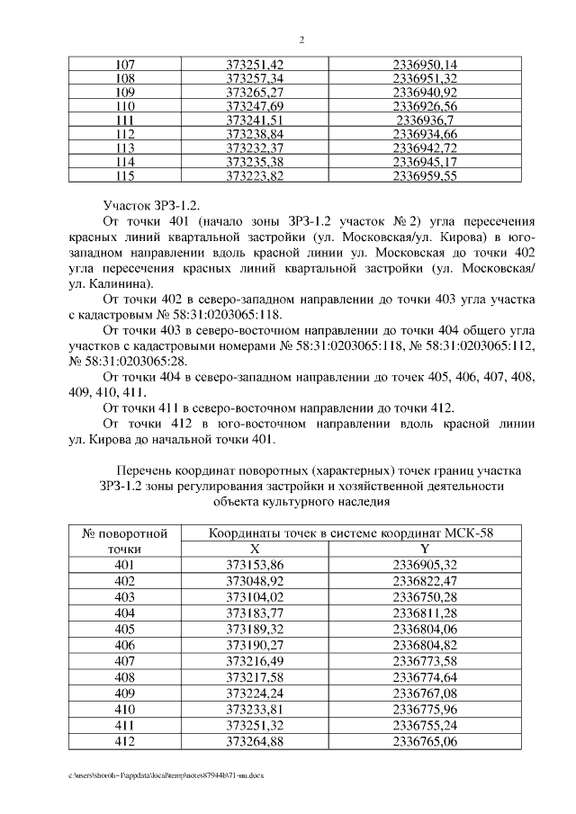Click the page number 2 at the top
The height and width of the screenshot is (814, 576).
pyautogui.click(x=301, y=40)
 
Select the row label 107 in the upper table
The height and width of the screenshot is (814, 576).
pyautogui.click(x=125, y=65)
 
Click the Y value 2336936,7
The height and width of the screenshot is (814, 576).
pyautogui.click(x=426, y=120)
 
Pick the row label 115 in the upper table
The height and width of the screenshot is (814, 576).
pyautogui.click(x=125, y=176)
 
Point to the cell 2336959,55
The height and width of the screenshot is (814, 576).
pyautogui.click(x=426, y=176)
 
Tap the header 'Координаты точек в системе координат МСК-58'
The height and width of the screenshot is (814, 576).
pyautogui.click(x=351, y=532)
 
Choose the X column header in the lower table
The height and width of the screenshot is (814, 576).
pyautogui.click(x=255, y=548)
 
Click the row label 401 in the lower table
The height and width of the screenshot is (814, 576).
pyautogui.click(x=125, y=564)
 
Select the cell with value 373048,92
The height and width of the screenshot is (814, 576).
pyautogui.click(x=255, y=581)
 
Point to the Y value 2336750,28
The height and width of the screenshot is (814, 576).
pyautogui.click(x=426, y=597)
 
